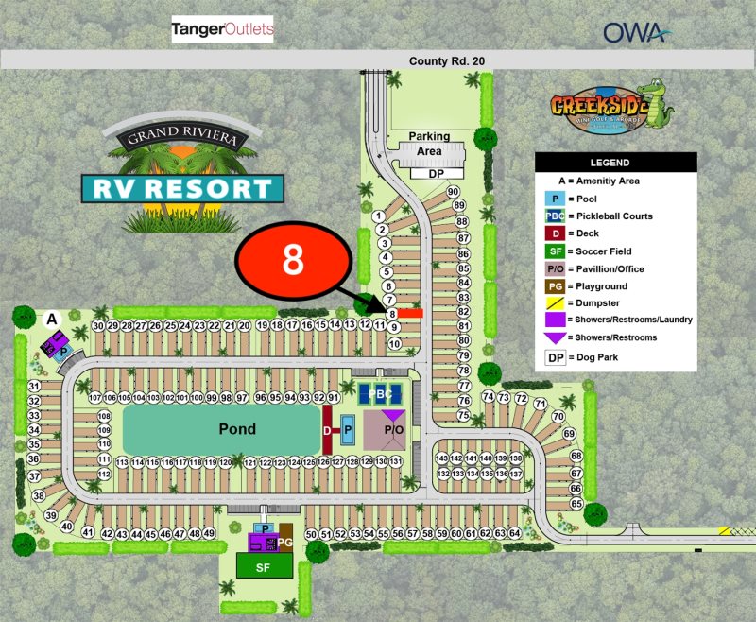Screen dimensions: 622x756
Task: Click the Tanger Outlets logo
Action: coord(222,30)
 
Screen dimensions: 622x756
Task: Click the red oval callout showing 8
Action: coord(294,260)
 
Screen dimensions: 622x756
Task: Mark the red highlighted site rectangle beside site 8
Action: coord(410,313)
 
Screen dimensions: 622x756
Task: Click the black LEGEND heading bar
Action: coord(615,163)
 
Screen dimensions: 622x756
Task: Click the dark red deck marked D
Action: coord(327,429)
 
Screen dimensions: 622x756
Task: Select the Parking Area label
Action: coord(429,144)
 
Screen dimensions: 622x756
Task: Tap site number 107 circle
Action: coord(94,398)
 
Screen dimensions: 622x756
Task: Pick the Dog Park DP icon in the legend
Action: coord(555,357)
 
